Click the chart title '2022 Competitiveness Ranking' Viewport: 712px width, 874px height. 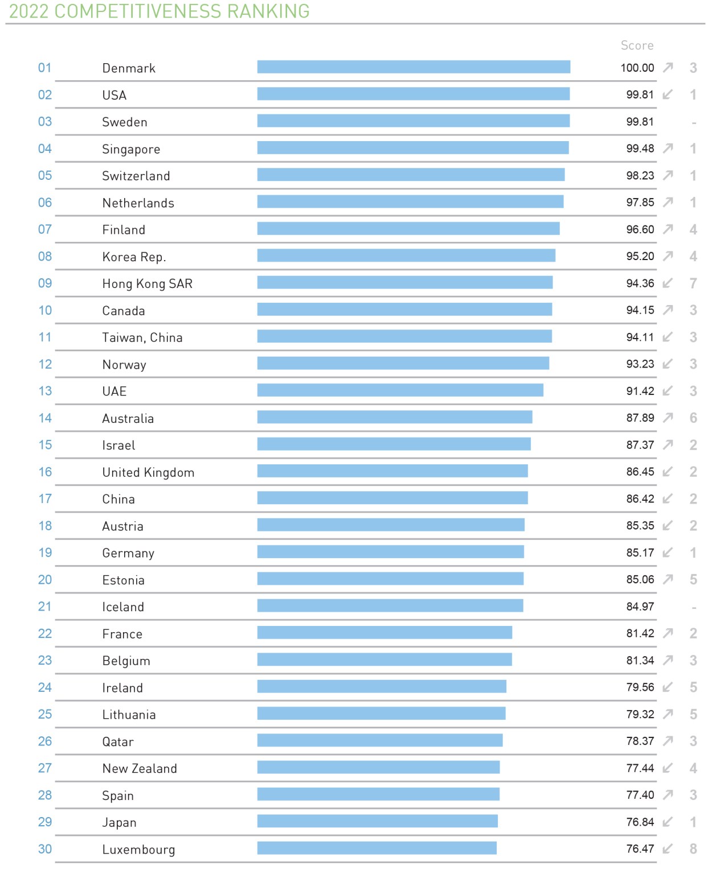(159, 11)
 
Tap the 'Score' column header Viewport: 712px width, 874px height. (637, 46)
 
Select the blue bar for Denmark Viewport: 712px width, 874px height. (414, 67)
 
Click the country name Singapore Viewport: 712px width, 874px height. (131, 149)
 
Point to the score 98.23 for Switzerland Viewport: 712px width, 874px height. (640, 175)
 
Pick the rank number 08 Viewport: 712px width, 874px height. (45, 256)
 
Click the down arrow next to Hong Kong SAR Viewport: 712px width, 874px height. (668, 283)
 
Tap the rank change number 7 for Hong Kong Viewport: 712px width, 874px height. (693, 283)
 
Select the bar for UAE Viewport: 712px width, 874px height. (400, 390)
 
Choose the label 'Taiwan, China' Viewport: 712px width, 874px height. (142, 337)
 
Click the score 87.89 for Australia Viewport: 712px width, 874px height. (640, 418)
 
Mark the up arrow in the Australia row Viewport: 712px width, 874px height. (668, 418)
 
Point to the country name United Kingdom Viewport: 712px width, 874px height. (148, 472)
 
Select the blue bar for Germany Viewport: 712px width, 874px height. (390, 552)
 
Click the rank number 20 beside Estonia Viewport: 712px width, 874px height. (45, 579)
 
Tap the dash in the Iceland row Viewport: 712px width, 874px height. (694, 608)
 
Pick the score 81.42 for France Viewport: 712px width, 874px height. (640, 633)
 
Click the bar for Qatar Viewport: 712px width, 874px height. (380, 740)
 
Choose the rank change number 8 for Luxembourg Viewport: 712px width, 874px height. (693, 849)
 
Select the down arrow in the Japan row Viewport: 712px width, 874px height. (668, 822)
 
